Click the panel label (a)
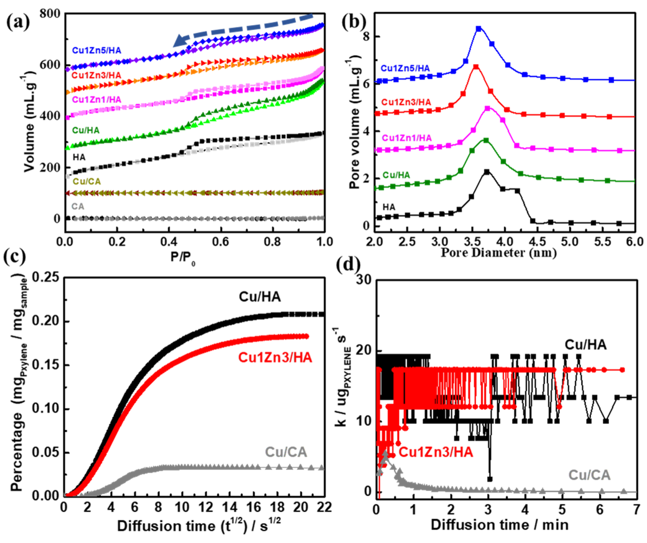click(18, 22)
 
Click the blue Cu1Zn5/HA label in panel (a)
click(97, 50)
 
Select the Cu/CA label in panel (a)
click(87, 181)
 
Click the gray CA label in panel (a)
click(78, 206)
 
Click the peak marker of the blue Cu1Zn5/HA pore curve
click(478, 29)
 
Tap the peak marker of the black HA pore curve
click(487, 172)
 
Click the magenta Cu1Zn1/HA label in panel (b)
click(407, 138)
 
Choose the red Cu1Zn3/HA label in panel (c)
click(275, 357)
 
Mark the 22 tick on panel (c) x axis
click(324, 507)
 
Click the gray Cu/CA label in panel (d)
click(589, 475)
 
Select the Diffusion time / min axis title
click(499, 525)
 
